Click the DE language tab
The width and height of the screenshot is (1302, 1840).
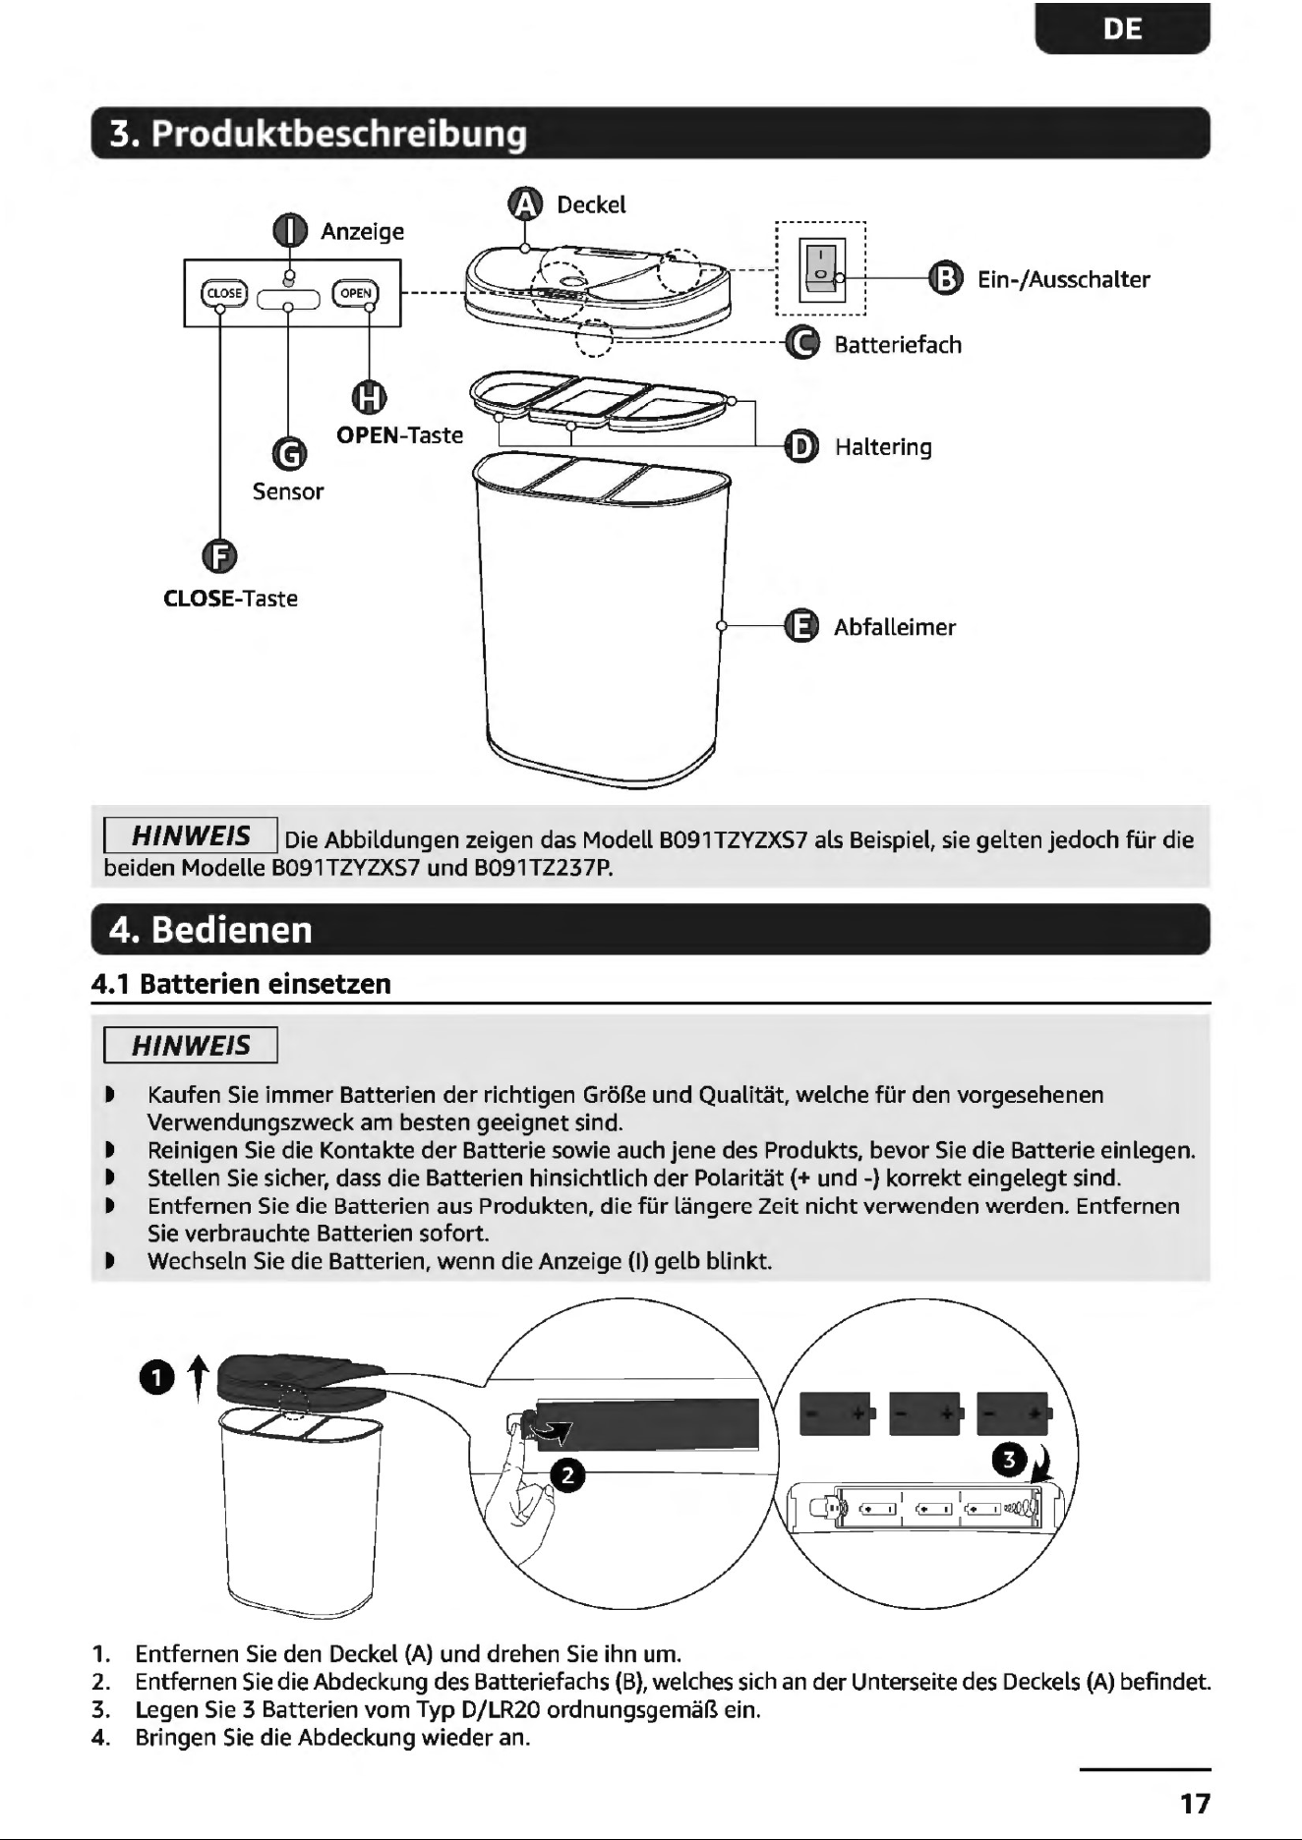[1122, 29]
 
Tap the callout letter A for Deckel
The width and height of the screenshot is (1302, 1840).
[525, 204]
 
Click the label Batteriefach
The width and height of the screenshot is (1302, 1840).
[898, 345]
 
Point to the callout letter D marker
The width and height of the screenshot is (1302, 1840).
[802, 446]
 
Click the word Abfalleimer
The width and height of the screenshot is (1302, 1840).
[895, 627]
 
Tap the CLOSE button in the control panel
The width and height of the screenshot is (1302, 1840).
[223, 293]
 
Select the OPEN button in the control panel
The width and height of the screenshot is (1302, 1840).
[356, 293]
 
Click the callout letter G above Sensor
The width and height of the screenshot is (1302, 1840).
[288, 454]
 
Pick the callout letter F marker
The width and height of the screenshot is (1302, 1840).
[219, 556]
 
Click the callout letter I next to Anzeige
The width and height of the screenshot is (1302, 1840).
[289, 231]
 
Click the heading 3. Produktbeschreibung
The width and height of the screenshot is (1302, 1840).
[319, 134]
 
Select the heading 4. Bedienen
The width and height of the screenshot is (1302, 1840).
[210, 930]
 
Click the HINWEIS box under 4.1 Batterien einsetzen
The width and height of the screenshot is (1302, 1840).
[192, 1046]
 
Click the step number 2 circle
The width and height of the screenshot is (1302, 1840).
[567, 1475]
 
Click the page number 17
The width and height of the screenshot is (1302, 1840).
[1195, 1804]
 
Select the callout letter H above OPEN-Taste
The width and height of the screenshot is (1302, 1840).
[369, 397]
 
